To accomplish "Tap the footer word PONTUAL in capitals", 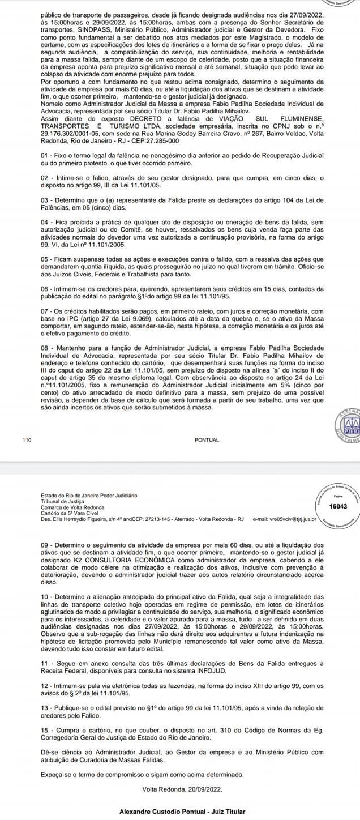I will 206,439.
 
